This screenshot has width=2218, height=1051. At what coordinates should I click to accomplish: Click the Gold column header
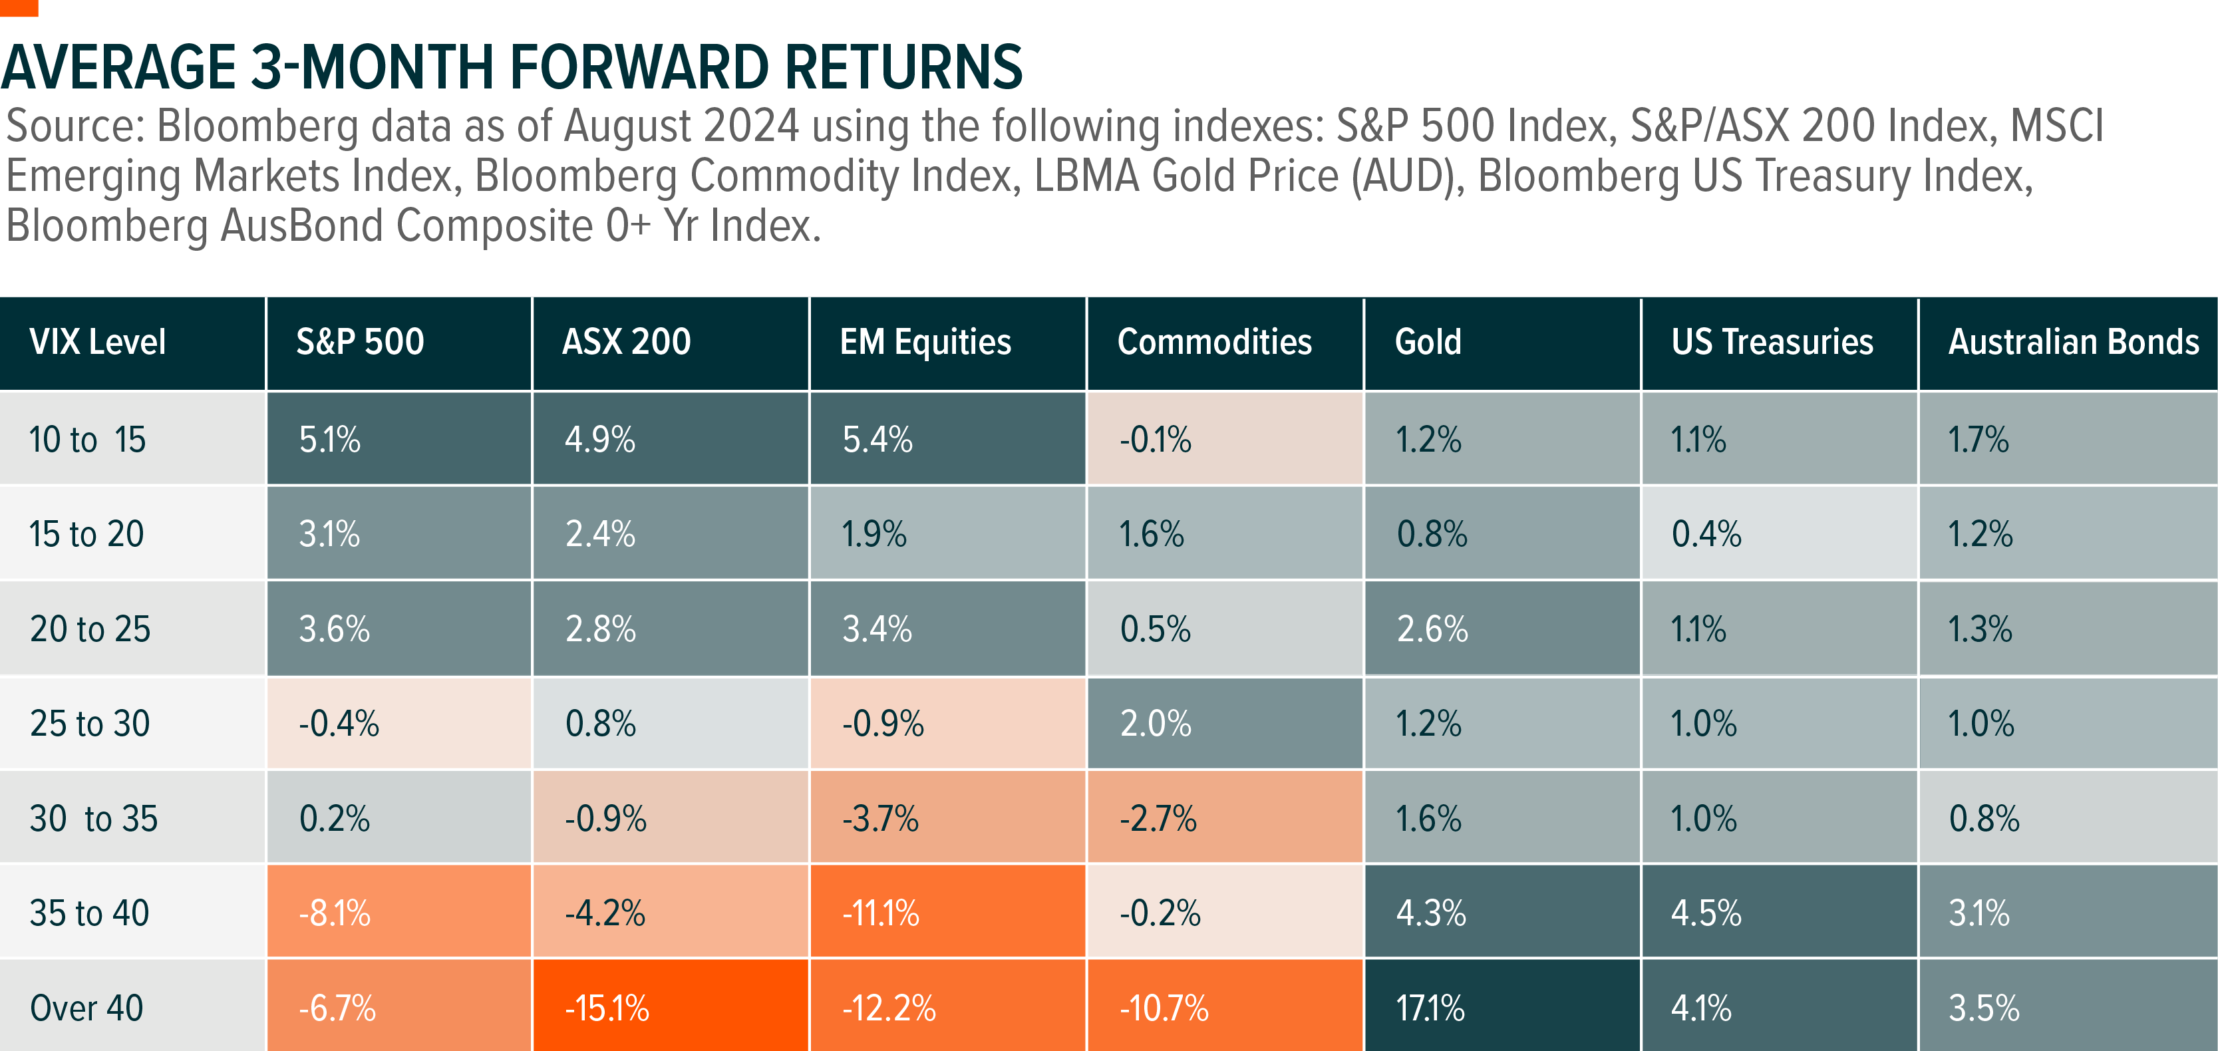(1428, 343)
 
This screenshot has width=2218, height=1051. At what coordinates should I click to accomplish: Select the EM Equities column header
(925, 343)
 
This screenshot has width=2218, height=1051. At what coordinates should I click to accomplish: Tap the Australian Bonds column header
(2074, 343)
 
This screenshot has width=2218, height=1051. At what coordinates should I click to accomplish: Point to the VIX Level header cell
(97, 343)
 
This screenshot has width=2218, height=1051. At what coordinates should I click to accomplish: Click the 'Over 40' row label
(86, 1007)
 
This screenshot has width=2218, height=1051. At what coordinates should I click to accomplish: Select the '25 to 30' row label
(90, 723)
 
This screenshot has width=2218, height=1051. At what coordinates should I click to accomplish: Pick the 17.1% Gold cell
(1429, 1007)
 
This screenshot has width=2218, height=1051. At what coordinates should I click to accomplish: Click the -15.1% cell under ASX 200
(607, 1007)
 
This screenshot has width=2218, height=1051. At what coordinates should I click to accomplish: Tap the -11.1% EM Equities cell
(880, 913)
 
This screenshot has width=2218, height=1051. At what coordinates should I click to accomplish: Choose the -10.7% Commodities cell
(1164, 1007)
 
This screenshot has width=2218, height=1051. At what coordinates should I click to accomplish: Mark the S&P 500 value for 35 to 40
(334, 913)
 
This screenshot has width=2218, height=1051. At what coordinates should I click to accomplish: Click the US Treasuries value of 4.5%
(1706, 913)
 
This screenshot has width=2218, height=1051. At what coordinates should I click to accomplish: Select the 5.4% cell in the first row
(877, 439)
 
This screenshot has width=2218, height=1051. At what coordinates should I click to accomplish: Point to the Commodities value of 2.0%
(1155, 723)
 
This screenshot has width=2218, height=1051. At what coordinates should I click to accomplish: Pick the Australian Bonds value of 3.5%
(1984, 1007)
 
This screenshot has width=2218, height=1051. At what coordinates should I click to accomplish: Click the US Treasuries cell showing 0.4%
(1706, 533)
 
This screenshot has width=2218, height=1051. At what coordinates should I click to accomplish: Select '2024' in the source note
(751, 126)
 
